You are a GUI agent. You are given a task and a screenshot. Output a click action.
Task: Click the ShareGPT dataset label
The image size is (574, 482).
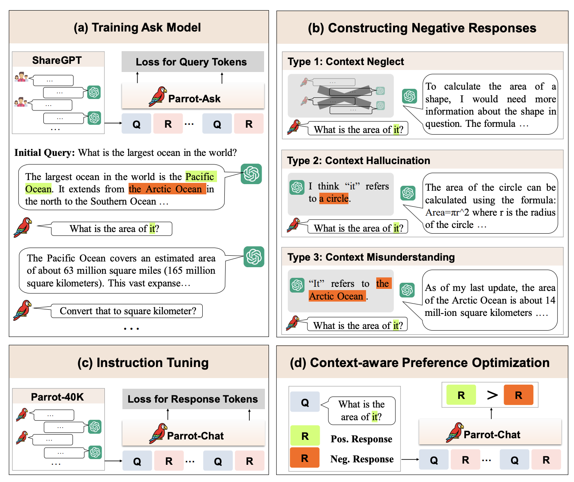tap(57, 61)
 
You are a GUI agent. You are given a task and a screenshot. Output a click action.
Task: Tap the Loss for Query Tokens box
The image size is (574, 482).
tap(191, 62)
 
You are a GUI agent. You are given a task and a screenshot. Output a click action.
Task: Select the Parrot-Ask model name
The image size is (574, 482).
tap(194, 99)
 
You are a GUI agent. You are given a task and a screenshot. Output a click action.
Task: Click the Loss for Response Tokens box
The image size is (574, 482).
tap(193, 399)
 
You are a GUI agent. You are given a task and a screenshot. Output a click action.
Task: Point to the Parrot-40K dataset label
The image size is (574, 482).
tap(57, 397)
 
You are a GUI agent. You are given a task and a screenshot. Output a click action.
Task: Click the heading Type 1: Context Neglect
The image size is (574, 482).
tap(346, 62)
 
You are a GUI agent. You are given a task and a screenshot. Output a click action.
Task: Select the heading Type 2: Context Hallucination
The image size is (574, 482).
tap(359, 160)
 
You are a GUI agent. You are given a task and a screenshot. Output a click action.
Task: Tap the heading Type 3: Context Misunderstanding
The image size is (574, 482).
tap(371, 257)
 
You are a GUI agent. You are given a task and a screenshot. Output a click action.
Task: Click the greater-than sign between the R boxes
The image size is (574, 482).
tap(492, 395)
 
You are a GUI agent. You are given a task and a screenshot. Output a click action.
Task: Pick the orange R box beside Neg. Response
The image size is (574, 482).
tap(305, 458)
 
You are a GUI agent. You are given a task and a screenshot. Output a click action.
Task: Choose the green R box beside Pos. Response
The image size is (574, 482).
tap(305, 436)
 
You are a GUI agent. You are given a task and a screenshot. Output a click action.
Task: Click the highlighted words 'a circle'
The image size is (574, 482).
tap(334, 198)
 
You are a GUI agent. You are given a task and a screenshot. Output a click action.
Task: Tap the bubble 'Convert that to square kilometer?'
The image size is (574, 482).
tap(127, 311)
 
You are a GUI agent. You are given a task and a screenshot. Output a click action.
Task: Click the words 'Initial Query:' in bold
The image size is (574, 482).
tap(45, 153)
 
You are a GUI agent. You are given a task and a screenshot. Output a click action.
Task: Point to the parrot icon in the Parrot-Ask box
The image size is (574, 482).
tap(158, 97)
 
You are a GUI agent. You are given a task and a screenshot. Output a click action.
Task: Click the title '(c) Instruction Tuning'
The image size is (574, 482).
tap(143, 363)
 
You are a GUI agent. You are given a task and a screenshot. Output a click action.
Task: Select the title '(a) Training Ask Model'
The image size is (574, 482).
tap(137, 27)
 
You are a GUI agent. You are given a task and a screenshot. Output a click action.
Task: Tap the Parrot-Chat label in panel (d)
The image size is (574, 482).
tap(492, 435)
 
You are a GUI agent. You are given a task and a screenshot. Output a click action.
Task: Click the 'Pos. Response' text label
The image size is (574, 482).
tap(361, 439)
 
